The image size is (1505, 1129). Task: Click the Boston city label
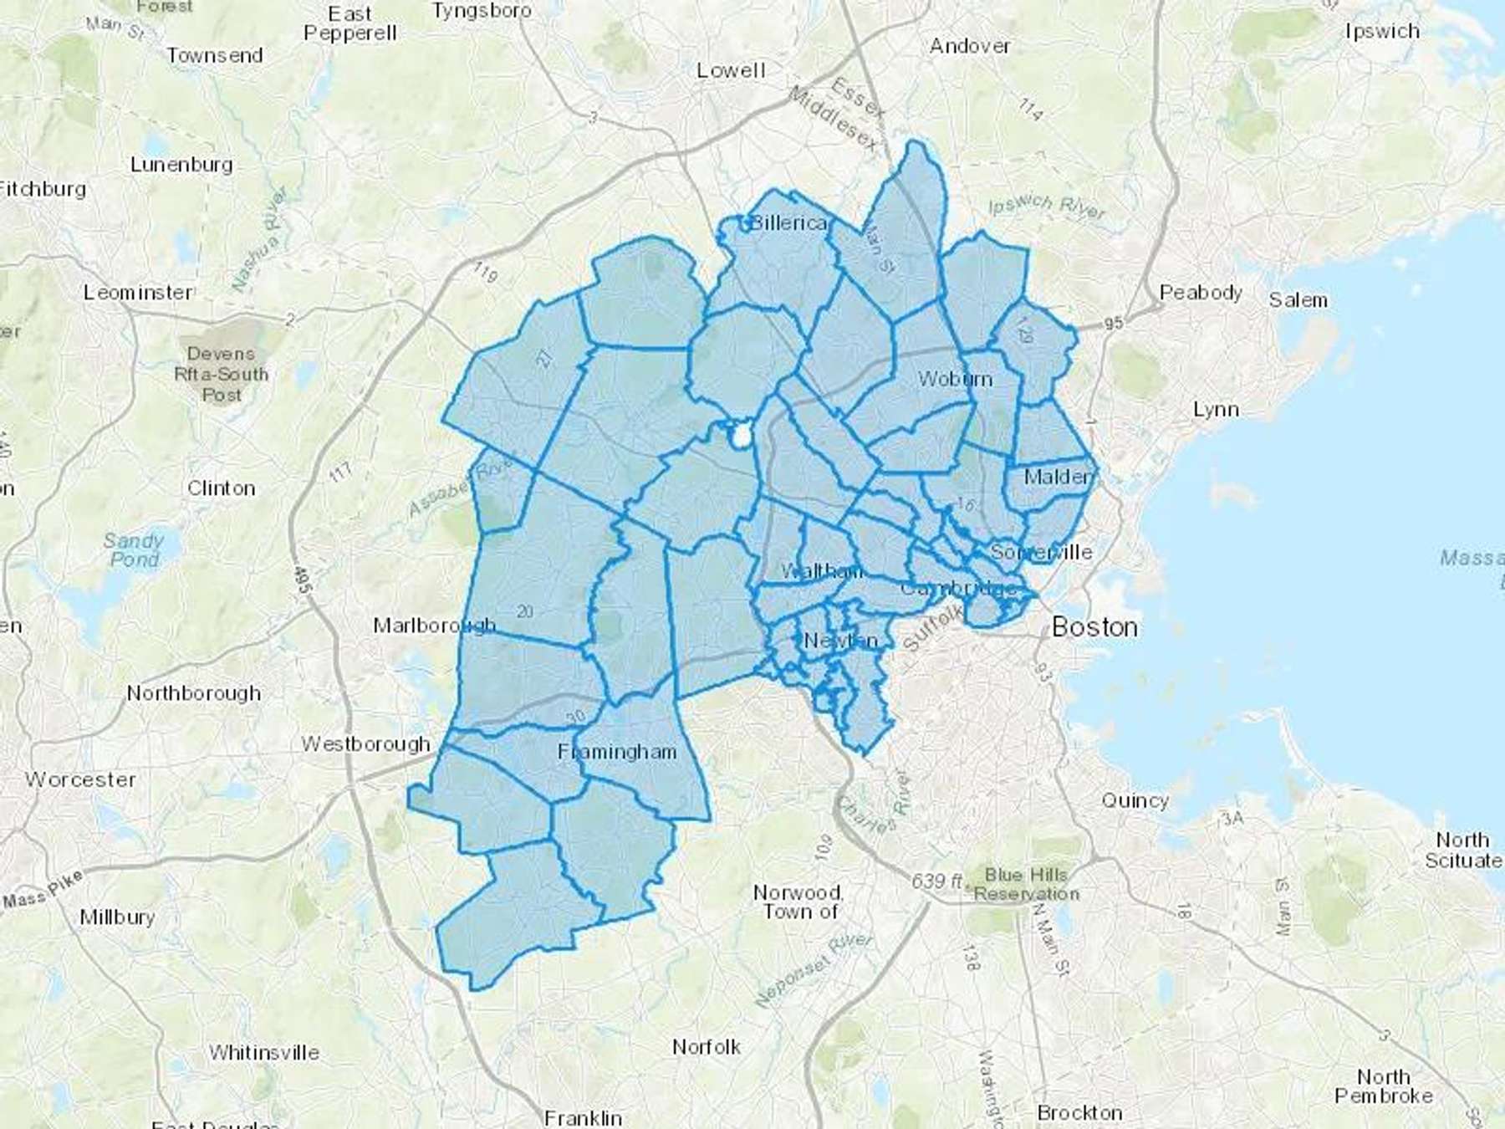(1094, 626)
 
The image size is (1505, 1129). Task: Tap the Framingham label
(617, 752)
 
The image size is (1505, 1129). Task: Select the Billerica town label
(788, 222)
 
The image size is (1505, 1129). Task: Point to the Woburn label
(955, 379)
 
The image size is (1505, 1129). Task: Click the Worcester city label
(80, 779)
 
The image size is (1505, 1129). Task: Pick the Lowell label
(731, 70)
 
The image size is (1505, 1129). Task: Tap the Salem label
(1298, 299)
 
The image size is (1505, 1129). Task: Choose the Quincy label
(1135, 800)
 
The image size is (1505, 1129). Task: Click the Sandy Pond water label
(134, 549)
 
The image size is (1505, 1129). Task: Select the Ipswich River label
(1047, 207)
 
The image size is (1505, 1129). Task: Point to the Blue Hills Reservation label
(1026, 884)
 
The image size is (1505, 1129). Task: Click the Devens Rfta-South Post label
(221, 374)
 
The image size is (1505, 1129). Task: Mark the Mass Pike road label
(43, 890)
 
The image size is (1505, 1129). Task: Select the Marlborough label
(434, 626)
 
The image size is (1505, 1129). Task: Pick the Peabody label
(1201, 293)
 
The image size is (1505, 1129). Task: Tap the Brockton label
(1079, 1112)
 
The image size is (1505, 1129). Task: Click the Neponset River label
(814, 969)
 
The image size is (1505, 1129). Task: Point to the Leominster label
(138, 293)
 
